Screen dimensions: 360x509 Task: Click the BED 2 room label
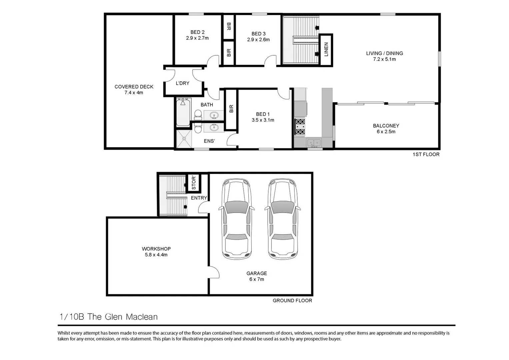197,32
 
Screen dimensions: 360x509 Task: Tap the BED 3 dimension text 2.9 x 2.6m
258,40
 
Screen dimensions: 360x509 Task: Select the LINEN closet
326,49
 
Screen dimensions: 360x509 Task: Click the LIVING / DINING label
384,53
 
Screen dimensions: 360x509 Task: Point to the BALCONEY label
386,126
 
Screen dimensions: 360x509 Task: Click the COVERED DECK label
134,87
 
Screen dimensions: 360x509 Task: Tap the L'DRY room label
182,83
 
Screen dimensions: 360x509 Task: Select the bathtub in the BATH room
183,112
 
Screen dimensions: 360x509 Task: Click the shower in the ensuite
184,139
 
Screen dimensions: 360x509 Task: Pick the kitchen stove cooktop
300,127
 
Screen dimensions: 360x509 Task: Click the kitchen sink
313,143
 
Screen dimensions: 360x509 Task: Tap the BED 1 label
263,114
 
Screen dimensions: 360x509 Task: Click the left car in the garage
236,219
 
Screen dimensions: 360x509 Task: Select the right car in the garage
283,219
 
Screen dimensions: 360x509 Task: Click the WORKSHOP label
156,249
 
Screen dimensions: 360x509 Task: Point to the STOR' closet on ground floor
194,182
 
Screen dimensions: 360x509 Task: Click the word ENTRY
199,198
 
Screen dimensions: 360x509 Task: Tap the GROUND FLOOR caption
292,301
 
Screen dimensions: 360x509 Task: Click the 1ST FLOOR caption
426,154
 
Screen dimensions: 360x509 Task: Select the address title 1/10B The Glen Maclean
108,317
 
